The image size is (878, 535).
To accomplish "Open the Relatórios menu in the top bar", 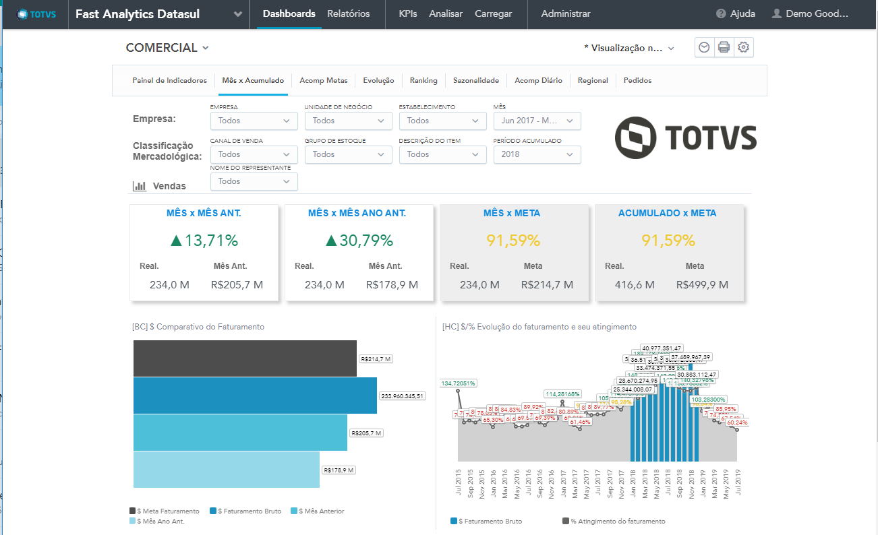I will [348, 13].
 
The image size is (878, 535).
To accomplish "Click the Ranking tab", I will [423, 80].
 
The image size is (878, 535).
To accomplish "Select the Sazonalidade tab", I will [475, 80].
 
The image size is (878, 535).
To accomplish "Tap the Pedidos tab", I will [637, 80].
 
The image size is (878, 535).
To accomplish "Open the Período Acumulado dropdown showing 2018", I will [537, 154].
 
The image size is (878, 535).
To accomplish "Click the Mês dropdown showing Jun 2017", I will [537, 121].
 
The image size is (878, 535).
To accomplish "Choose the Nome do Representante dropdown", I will [254, 181].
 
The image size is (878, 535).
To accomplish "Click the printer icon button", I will [724, 47].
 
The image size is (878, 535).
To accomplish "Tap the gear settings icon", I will [743, 47].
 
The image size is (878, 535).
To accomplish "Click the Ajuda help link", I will [736, 13].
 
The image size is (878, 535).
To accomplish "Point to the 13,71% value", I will [204, 241].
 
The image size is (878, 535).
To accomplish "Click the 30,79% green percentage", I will [359, 241].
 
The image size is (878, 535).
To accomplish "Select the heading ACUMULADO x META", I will [667, 213].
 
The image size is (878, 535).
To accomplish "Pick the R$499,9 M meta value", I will [702, 285].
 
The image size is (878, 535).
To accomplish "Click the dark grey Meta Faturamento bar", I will [245, 358].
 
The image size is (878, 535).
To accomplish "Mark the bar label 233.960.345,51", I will [403, 396].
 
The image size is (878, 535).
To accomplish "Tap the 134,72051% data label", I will [458, 383].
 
